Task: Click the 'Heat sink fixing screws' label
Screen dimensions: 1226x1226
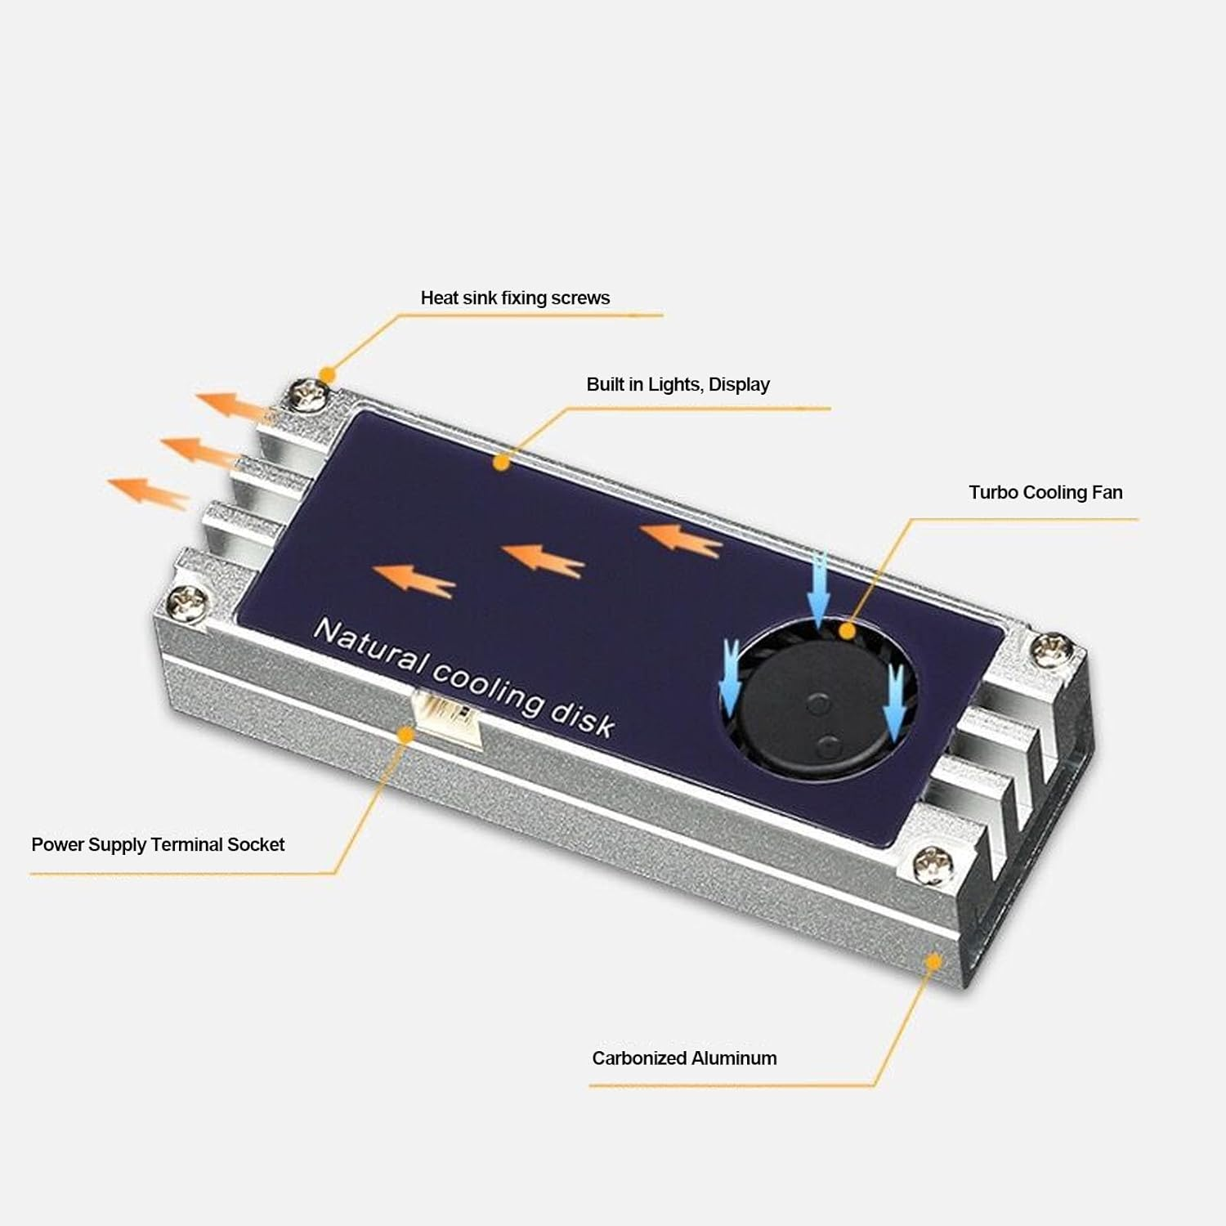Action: (515, 298)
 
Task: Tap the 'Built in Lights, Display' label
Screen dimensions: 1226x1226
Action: (678, 384)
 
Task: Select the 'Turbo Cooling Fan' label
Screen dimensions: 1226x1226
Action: (1045, 492)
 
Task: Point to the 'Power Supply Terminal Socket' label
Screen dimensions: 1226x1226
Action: (158, 844)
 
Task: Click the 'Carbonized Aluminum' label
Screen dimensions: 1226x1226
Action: (684, 1058)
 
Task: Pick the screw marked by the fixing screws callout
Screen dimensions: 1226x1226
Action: (311, 397)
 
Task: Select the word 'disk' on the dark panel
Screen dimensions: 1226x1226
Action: (582, 717)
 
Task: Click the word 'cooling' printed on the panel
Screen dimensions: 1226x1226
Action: (487, 687)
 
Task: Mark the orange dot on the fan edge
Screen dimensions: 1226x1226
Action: (848, 631)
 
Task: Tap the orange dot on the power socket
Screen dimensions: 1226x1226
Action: (405, 734)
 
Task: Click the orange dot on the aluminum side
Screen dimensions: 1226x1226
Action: (933, 961)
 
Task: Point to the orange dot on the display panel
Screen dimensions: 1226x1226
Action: (502, 463)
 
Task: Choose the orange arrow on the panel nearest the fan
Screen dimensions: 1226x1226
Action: (680, 539)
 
